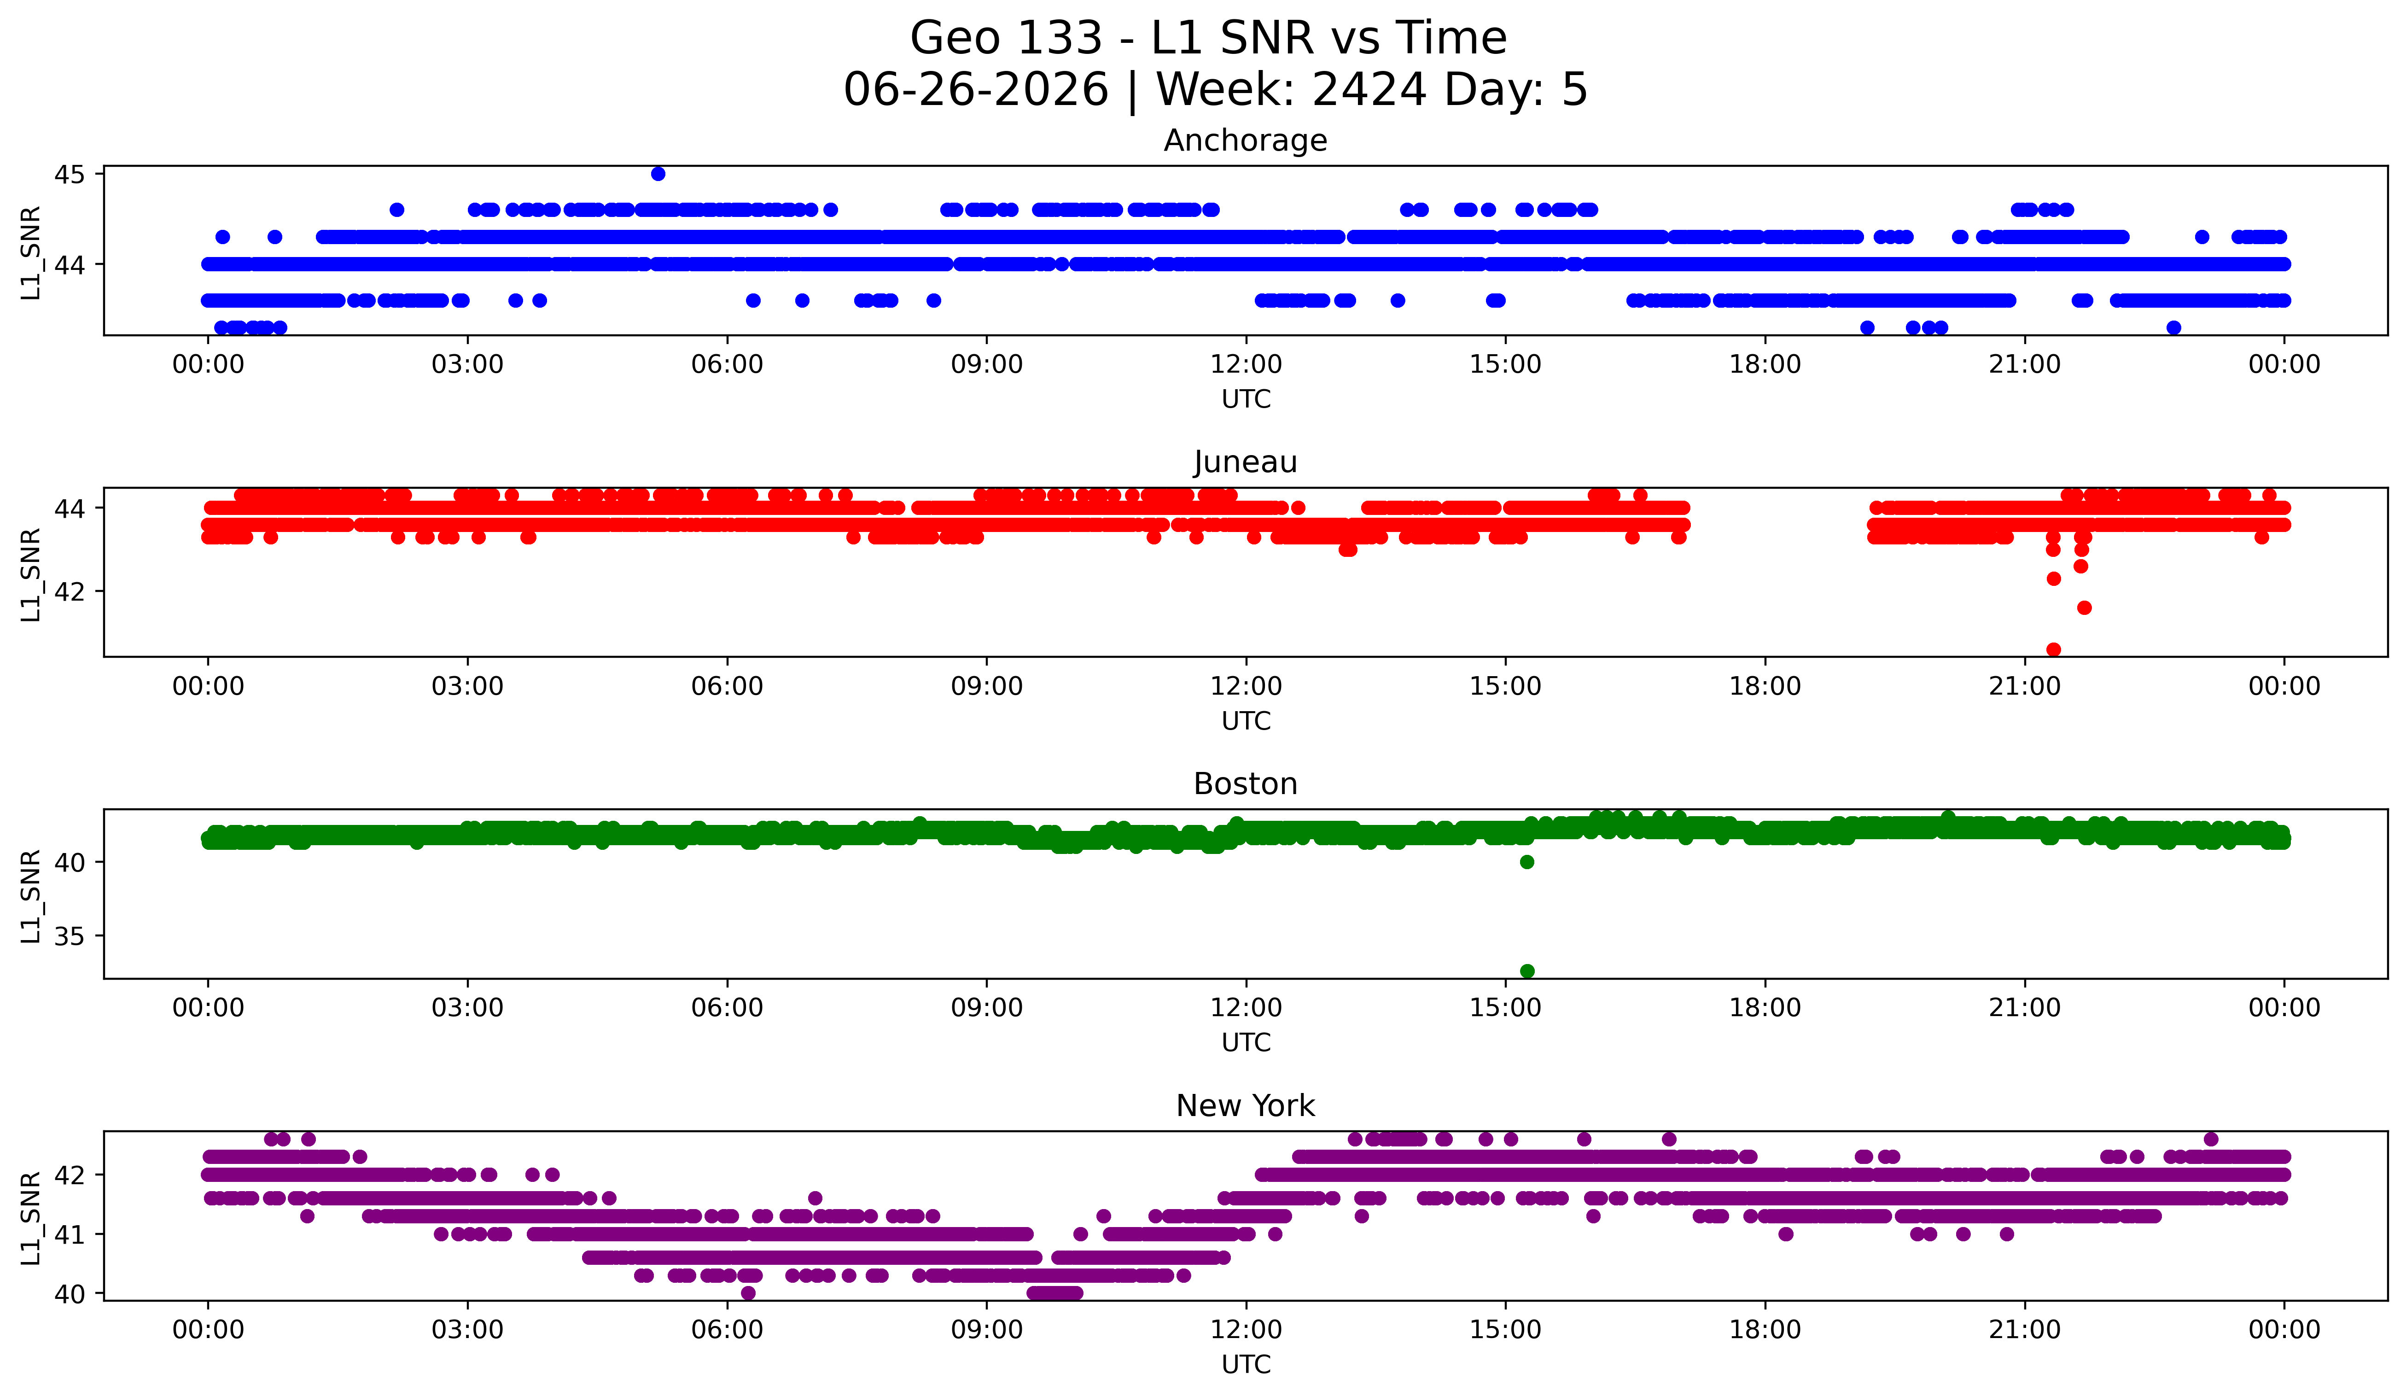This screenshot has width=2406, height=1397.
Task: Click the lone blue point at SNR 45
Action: point(658,174)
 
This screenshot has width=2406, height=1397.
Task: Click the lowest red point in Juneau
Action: point(2054,649)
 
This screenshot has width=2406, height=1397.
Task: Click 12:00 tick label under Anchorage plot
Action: point(1246,365)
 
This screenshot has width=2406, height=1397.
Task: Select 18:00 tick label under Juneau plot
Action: point(1765,687)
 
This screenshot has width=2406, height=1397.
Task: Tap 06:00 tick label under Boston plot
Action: point(728,1008)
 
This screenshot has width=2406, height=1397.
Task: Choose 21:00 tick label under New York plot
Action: point(2025,1330)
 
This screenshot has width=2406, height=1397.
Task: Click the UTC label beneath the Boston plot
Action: point(1246,1043)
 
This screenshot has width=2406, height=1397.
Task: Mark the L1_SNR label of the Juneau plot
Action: point(30,575)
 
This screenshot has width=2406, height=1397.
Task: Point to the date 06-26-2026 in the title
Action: point(976,90)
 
